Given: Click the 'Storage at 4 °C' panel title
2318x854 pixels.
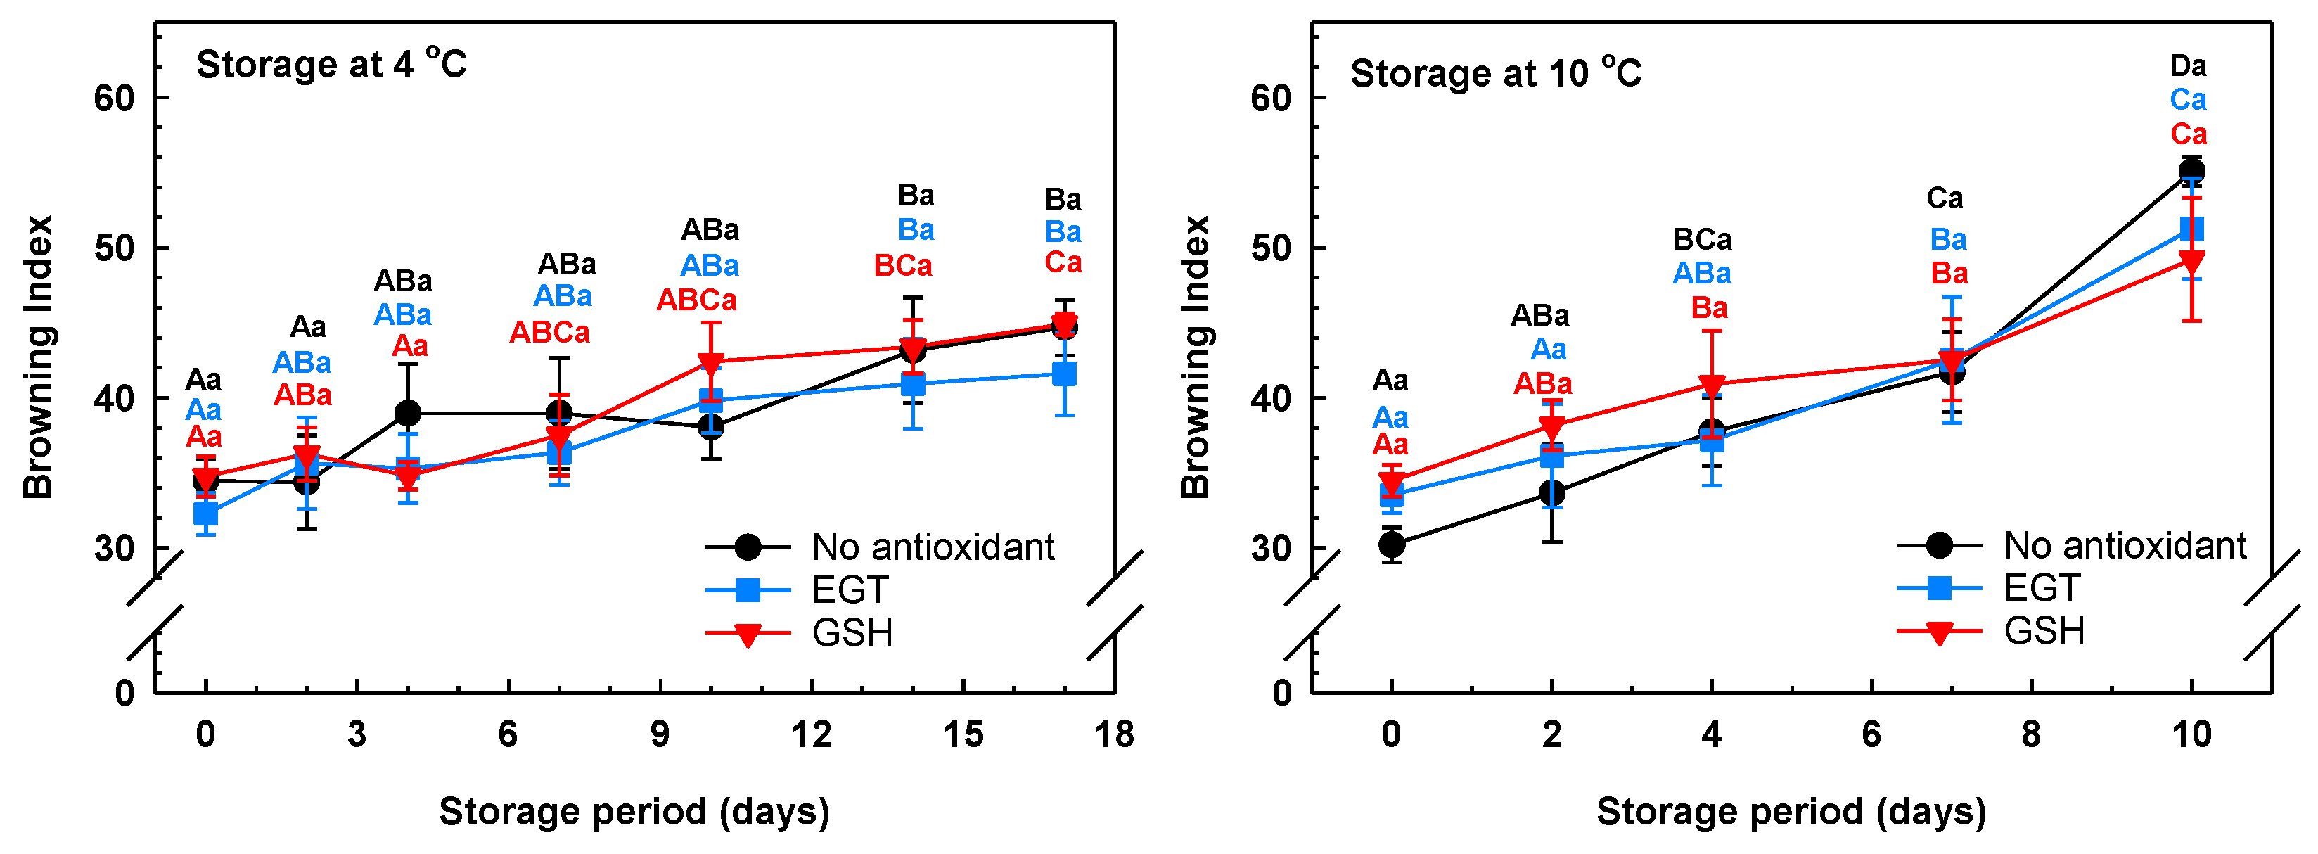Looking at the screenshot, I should click(x=331, y=65).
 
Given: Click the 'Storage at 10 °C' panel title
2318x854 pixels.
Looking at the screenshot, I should click(x=1496, y=74).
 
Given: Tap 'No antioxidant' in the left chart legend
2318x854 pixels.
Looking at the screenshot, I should click(x=933, y=547).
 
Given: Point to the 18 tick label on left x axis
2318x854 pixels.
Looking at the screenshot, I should click(x=1114, y=735).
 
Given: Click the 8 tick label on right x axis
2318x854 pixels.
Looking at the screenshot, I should click(x=2031, y=735).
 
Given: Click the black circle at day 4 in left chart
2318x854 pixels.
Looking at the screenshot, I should click(x=408, y=413).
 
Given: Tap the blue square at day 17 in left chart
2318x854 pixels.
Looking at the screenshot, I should click(x=1063, y=374).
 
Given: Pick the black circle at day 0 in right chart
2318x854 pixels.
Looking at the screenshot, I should click(x=1391, y=544).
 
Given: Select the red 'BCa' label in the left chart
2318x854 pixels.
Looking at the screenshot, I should click(x=902, y=267).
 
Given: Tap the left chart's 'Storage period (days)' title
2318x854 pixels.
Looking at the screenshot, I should click(x=634, y=812).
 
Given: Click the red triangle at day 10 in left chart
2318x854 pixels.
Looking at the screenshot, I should click(x=710, y=364).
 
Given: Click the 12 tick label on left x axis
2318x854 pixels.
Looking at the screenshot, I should click(x=811, y=735).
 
